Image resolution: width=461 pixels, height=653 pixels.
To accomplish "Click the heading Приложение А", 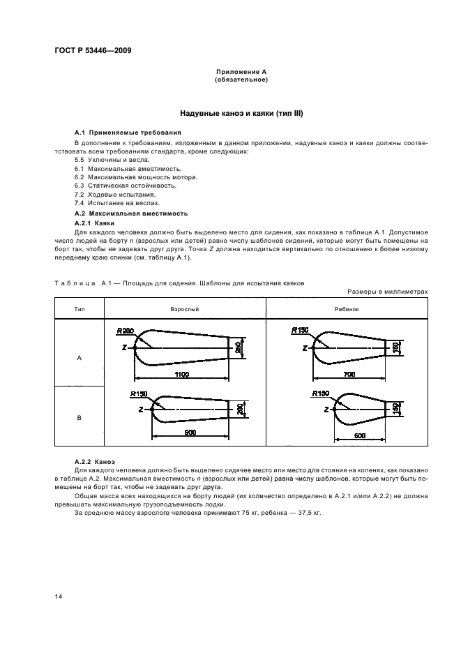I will (241, 73).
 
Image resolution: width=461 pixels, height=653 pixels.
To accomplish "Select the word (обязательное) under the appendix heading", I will (241, 80).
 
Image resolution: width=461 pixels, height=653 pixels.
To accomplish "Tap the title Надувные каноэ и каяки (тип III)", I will (241, 113).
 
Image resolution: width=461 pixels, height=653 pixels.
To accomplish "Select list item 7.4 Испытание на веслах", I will (112, 202).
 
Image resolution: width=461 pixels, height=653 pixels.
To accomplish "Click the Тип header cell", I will (79, 308).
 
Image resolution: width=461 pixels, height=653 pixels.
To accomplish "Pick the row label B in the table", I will (79, 417).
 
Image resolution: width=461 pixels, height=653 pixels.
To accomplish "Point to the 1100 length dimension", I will (182, 375).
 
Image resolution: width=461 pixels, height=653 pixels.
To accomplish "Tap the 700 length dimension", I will (349, 375).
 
